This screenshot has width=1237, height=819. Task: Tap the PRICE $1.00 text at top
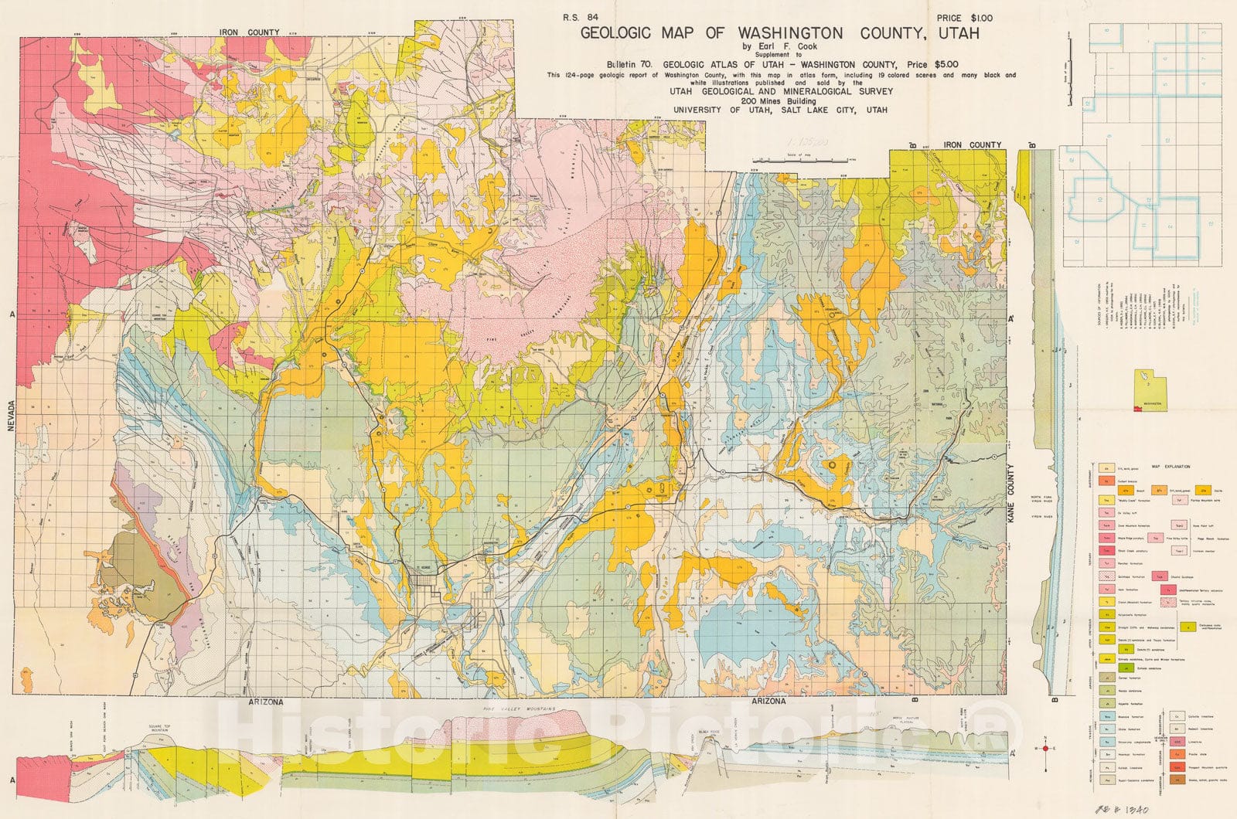point(964,18)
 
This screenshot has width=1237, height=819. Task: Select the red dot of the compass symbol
point(1045,748)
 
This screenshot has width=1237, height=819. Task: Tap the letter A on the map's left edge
point(12,314)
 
